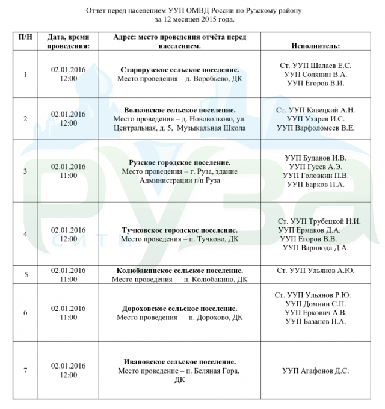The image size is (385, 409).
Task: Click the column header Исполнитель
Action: [x=315, y=46]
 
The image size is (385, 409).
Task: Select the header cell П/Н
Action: [x=25, y=37]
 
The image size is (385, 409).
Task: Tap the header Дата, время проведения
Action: [x=69, y=42]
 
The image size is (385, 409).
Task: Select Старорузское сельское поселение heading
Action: [x=179, y=69]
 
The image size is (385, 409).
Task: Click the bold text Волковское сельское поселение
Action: [x=179, y=111]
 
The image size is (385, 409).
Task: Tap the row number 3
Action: [x=25, y=171]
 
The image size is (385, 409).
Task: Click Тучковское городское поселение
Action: [x=179, y=230]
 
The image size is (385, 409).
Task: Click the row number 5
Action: [x=26, y=275]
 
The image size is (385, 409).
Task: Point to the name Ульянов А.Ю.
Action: [x=331, y=271]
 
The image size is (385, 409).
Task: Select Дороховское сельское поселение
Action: [x=179, y=308]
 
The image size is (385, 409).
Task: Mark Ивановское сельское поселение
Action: [x=179, y=362]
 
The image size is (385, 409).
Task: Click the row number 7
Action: [x=25, y=371]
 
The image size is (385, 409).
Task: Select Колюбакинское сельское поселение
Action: [x=179, y=271]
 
